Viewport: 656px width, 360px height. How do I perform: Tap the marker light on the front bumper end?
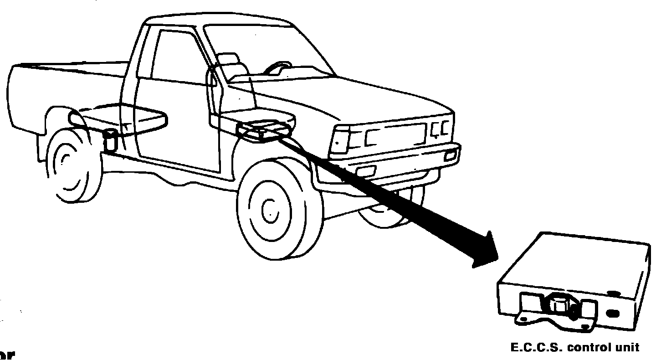[451, 155]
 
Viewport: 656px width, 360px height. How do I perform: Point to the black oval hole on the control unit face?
[614, 314]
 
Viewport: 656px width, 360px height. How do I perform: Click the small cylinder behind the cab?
[110, 140]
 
